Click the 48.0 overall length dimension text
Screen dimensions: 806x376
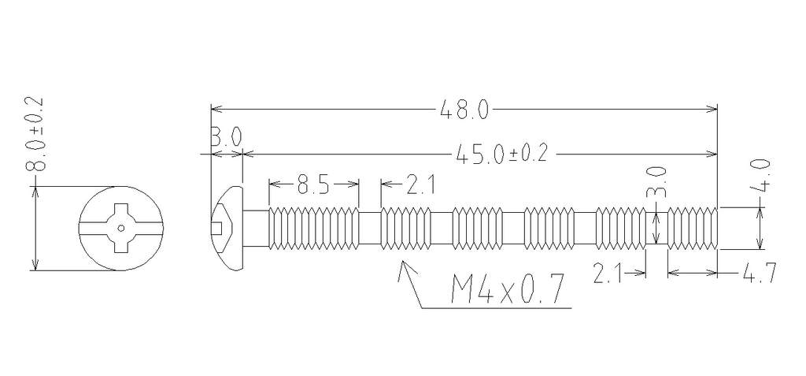464,110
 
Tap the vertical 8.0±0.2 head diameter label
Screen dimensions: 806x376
36,134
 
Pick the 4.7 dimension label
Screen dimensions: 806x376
759,273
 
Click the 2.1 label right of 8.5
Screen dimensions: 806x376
420,184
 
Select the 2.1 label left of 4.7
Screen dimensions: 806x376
607,273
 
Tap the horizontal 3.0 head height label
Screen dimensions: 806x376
226,137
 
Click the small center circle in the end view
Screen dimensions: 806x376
120,228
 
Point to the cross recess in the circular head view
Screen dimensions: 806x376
120,228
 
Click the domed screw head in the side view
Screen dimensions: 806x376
227,228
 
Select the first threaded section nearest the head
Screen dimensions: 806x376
314,228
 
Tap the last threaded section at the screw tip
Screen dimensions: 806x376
692,228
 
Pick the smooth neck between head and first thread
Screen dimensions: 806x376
256,228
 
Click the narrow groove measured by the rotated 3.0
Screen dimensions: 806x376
656,228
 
